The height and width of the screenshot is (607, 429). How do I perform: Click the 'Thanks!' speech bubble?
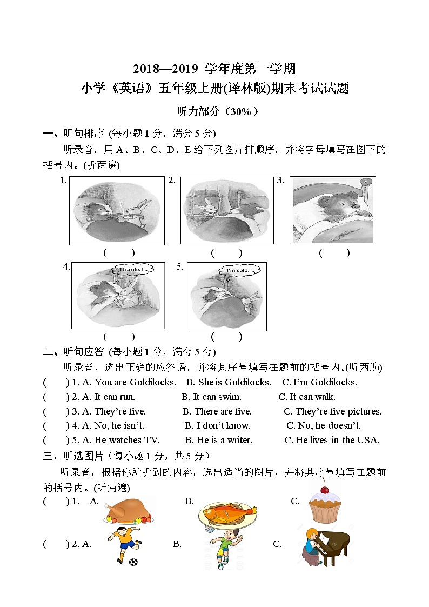(131, 269)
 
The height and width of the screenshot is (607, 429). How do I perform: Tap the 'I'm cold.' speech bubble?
(237, 270)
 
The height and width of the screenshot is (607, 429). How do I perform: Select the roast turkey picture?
(128, 511)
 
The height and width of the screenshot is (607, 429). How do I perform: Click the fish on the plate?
(227, 512)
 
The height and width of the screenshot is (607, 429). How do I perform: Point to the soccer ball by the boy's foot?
(133, 562)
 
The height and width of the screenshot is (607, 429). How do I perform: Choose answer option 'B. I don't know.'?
(217, 425)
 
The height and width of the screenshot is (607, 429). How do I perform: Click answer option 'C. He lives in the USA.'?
(332, 440)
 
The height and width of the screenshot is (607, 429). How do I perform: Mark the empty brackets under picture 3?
(334, 253)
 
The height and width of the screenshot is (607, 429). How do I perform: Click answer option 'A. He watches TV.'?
(121, 440)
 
